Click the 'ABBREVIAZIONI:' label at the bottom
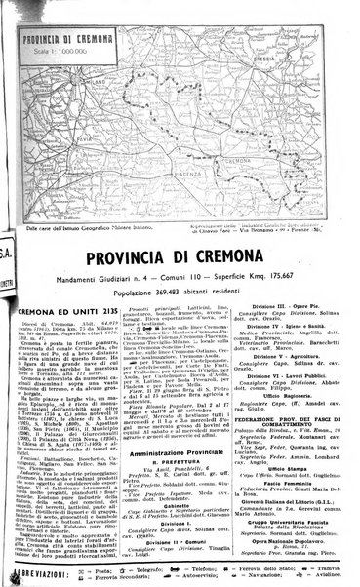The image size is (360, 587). coord(34,570)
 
